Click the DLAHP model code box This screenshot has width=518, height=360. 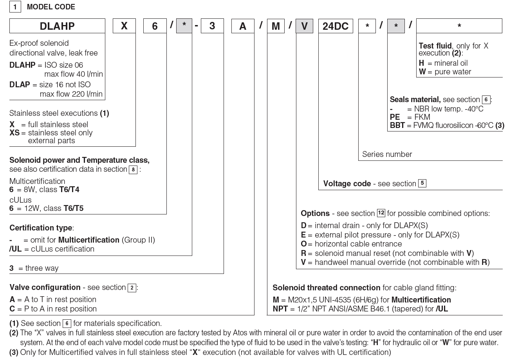(x=57, y=26)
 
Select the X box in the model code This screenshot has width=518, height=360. (x=124, y=26)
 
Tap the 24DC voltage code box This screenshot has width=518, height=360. (x=335, y=26)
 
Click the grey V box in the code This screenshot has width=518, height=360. (x=304, y=26)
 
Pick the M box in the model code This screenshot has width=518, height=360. (x=276, y=26)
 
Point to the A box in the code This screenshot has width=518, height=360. (x=243, y=26)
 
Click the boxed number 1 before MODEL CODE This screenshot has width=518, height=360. (x=15, y=7)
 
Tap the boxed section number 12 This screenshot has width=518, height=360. (x=381, y=213)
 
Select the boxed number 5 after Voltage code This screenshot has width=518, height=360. (x=422, y=183)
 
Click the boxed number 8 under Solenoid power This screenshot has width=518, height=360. (x=133, y=169)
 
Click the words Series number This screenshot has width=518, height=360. (x=387, y=154)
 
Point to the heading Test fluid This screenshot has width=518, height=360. (x=435, y=46)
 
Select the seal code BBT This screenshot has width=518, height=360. (x=397, y=126)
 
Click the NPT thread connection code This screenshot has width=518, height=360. (x=280, y=309)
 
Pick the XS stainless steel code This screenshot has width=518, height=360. (x=14, y=133)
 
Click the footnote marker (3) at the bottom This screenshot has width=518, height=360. (x=14, y=352)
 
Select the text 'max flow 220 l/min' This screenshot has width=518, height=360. (x=71, y=94)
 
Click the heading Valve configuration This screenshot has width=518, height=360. (x=45, y=288)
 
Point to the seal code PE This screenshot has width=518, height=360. (x=395, y=117)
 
